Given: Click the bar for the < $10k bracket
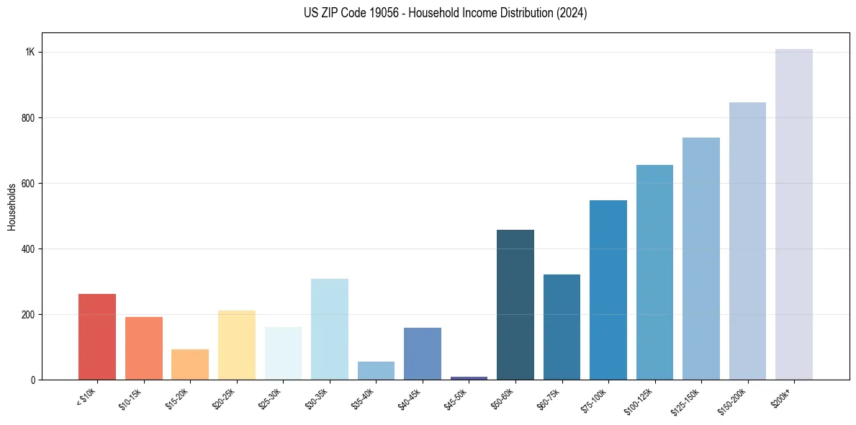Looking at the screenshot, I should click(x=97, y=336).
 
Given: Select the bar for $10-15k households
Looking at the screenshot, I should click(x=144, y=348).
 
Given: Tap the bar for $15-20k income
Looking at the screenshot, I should click(x=190, y=364).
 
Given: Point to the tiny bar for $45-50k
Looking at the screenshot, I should click(x=469, y=377).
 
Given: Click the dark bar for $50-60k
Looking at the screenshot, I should click(x=515, y=305).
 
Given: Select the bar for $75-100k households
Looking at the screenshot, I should click(x=608, y=290).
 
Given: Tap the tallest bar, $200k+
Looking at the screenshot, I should click(x=794, y=214).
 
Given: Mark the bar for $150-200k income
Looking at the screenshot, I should click(x=747, y=241).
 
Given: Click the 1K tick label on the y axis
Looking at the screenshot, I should click(x=30, y=53).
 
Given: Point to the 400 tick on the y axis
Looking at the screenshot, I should click(x=28, y=249).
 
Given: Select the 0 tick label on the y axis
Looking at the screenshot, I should click(x=33, y=380).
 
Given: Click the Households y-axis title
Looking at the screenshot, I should click(x=12, y=207).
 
